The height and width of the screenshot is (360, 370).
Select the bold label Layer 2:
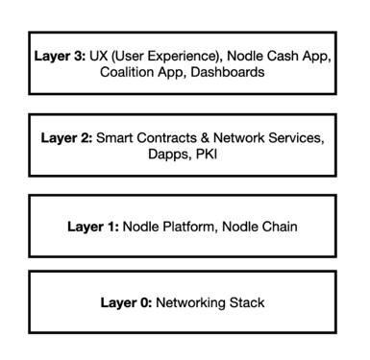[x=64, y=137]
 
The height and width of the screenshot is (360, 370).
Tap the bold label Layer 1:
[x=92, y=228]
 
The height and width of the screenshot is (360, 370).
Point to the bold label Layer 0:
[x=126, y=303]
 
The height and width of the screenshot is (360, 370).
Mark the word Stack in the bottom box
[x=248, y=303]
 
